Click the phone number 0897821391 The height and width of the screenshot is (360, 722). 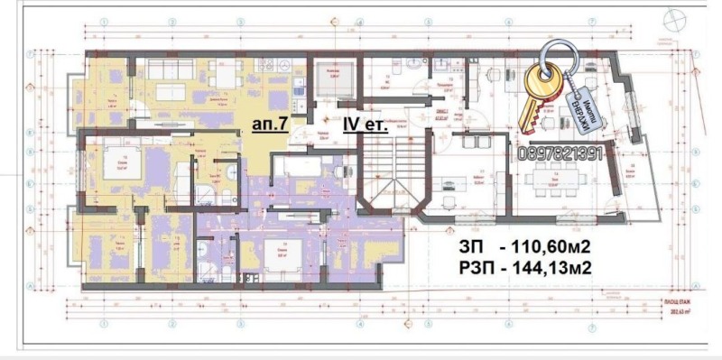coord(561,154)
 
